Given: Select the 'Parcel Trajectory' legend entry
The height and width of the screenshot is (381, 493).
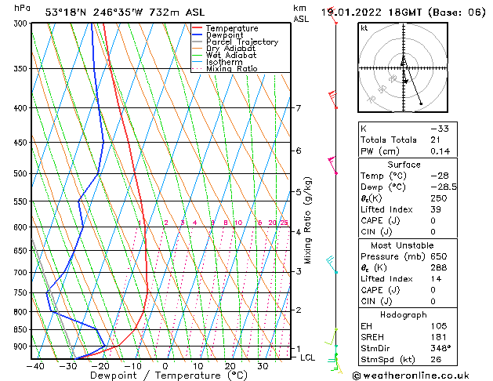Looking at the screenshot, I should (241, 42).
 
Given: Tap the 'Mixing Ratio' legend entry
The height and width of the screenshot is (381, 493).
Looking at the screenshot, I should (231, 69).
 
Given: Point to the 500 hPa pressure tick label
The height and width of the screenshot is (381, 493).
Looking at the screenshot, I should (20, 173).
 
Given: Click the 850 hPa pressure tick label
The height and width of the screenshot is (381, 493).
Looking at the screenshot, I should (20, 329).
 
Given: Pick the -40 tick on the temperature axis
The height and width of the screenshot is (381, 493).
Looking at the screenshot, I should (34, 365).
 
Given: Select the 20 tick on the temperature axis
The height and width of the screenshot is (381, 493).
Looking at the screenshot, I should (230, 365).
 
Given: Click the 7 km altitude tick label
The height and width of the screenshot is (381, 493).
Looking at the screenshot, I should (298, 108).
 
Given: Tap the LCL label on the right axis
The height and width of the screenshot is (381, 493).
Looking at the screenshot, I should (307, 357).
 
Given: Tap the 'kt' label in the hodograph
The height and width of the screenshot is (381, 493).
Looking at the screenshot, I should (364, 28).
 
